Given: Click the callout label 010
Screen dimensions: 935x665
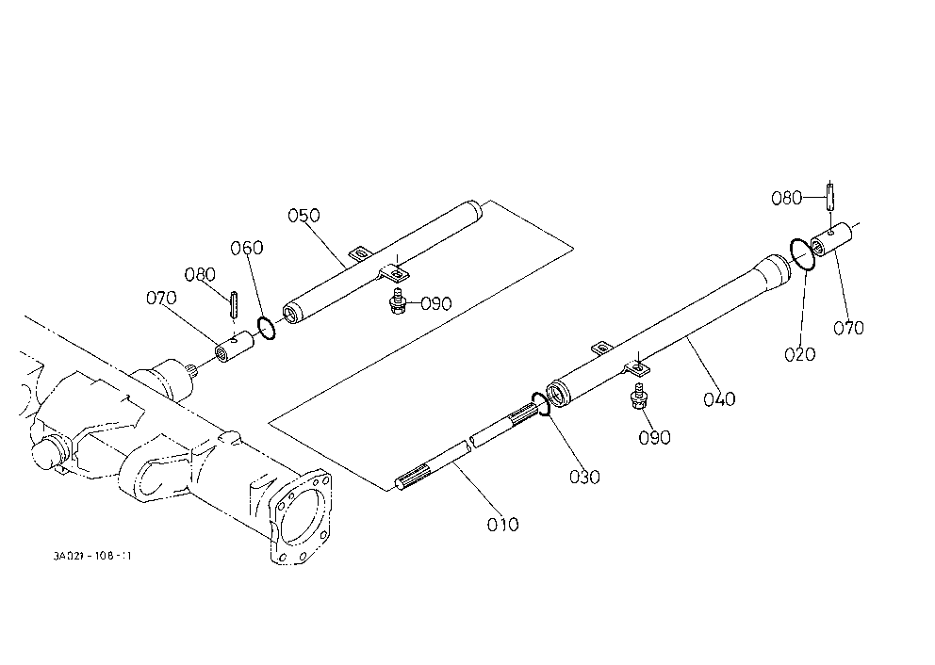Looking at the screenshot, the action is (502, 525).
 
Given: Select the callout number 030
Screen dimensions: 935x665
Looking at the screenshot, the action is (584, 477).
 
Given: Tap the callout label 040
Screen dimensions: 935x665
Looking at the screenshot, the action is (719, 398).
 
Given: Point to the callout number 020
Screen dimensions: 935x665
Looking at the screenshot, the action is (799, 354).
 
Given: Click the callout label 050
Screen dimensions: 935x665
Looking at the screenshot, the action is (304, 215).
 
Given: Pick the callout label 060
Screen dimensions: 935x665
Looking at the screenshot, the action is (247, 248).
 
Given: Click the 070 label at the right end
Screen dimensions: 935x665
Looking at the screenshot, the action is (848, 328).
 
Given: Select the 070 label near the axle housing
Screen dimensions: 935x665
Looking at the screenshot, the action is (161, 298).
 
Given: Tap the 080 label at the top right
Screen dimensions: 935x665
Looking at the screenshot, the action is (786, 198).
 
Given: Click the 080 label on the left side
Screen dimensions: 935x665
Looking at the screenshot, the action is (200, 274).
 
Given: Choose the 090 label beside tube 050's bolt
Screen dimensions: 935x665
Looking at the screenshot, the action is (435, 303).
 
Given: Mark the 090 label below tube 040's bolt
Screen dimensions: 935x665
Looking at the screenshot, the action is (654, 437).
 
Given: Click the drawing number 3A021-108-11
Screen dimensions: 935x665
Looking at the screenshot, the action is (91, 556).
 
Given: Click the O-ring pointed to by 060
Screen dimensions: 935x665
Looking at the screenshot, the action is (266, 329).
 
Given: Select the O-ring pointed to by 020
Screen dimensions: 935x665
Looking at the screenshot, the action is (802, 254).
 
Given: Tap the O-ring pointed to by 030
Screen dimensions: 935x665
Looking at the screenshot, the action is (540, 404).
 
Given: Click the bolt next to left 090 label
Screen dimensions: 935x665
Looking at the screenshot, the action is (397, 300).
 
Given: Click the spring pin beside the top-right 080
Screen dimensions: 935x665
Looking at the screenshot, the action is (829, 195).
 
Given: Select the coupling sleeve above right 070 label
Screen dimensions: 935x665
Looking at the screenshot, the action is (831, 239).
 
